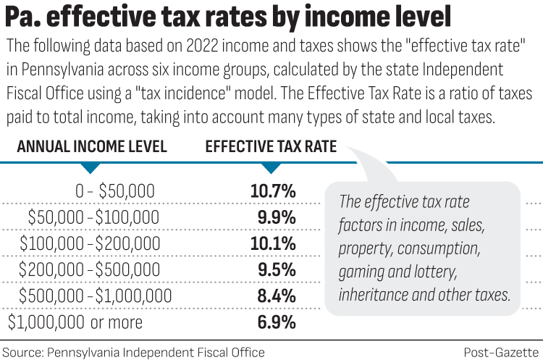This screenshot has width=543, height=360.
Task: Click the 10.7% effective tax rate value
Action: pyautogui.click(x=273, y=192)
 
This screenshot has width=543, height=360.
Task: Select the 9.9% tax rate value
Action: pyautogui.click(x=277, y=217)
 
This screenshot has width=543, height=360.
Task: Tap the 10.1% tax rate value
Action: pyautogui.click(x=273, y=243)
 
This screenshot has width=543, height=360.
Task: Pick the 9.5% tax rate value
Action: pyautogui.click(x=276, y=269)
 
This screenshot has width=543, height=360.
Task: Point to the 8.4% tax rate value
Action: pyautogui.click(x=276, y=296)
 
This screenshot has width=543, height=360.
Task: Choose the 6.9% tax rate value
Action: pyautogui.click(x=276, y=322)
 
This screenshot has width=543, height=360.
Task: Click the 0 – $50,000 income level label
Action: pyautogui.click(x=115, y=192)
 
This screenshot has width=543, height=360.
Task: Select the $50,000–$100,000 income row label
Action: pyautogui.click(x=93, y=217)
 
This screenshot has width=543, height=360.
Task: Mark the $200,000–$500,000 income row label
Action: pyautogui.click(x=90, y=269)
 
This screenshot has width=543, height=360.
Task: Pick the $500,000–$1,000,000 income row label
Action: pyautogui.click(x=96, y=296)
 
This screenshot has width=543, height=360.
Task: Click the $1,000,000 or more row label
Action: pyautogui.click(x=75, y=322)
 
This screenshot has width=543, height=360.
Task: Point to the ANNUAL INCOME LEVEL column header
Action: pyautogui.click(x=92, y=147)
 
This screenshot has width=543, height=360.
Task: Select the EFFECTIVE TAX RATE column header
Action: pyautogui.click(x=271, y=147)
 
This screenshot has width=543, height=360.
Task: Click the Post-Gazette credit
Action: pyautogui.click(x=502, y=352)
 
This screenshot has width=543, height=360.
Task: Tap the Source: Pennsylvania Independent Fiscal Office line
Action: pyautogui.click(x=133, y=352)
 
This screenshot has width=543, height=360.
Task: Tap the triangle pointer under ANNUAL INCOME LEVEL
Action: pyautogui.click(x=89, y=167)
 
